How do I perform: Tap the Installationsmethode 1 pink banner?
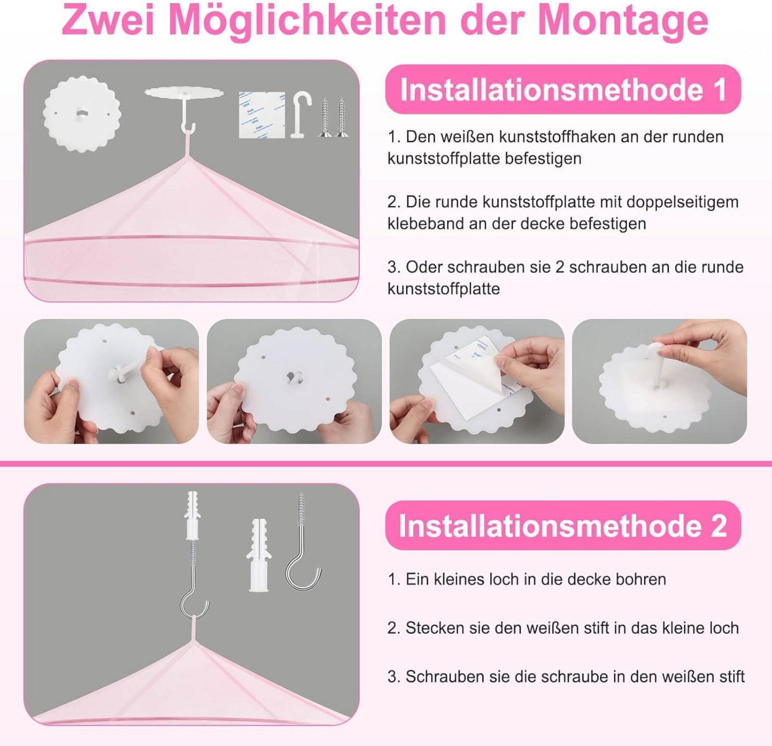563,90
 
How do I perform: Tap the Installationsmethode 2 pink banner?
563,526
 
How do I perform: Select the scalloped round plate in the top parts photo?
82,114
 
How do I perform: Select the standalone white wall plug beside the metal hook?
259,556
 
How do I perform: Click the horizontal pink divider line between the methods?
386,464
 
